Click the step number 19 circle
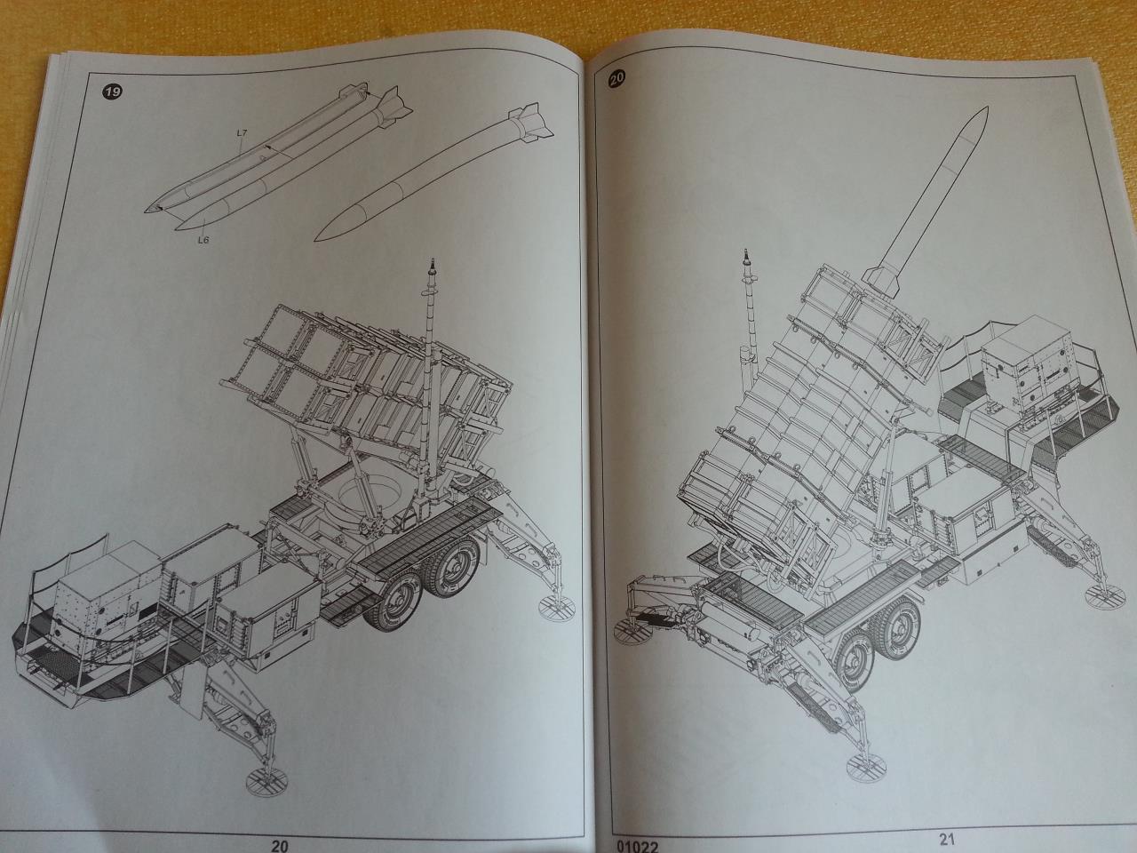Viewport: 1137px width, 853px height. [x=113, y=92]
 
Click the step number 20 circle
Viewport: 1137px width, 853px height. [x=617, y=77]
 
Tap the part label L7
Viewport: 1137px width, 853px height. [x=242, y=132]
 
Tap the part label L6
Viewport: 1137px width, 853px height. [x=203, y=240]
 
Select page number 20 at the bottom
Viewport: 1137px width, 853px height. [x=279, y=845]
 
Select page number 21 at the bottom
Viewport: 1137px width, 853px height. [x=946, y=839]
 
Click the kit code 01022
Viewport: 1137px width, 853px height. [x=637, y=846]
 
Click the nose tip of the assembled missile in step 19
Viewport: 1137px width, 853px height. [x=315, y=240]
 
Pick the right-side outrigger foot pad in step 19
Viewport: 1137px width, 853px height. [x=557, y=604]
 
